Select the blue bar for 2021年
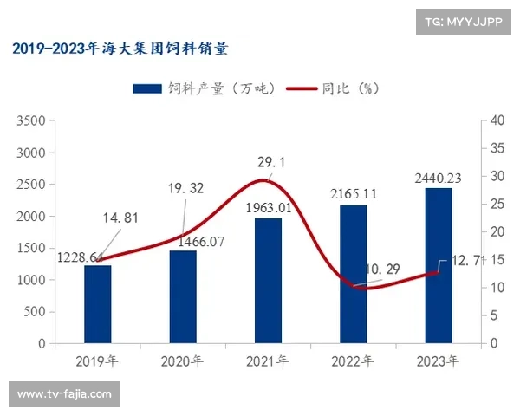pos(268,281)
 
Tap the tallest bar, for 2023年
pos(439,266)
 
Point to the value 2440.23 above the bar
pos(438,178)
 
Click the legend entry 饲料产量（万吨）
pos(204,88)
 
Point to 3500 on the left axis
pos(31,121)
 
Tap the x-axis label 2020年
pos(183,360)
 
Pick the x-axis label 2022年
pos(353,360)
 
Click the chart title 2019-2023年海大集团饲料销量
pos(120,49)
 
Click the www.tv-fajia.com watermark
pos(65,394)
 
